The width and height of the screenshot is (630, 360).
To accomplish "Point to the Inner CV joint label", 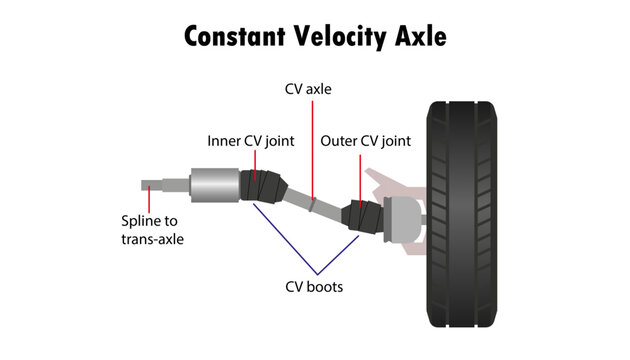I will tap(250, 141).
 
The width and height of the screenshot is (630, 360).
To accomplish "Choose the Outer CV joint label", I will tap(366, 141).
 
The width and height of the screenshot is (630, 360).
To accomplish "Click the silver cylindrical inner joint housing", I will tap(210, 185).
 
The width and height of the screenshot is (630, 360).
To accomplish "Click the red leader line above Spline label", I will tap(148, 200).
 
